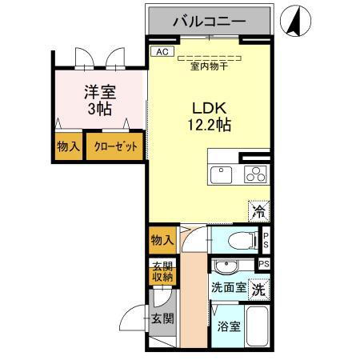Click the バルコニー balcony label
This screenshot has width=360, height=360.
(210, 21)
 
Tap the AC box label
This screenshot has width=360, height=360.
(162, 52)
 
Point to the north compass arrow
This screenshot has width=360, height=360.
(292, 21)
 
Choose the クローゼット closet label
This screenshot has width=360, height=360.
(116, 147)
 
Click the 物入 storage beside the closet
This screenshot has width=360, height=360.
(69, 147)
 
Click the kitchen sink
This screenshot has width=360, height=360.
(221, 174)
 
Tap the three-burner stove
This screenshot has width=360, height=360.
(254, 174)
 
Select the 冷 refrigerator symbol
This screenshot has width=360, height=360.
(259, 211)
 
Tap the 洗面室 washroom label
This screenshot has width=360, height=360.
(229, 287)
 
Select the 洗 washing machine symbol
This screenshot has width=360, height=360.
(258, 287)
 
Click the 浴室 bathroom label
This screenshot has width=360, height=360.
(229, 326)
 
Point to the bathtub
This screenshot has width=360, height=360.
(257, 326)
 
